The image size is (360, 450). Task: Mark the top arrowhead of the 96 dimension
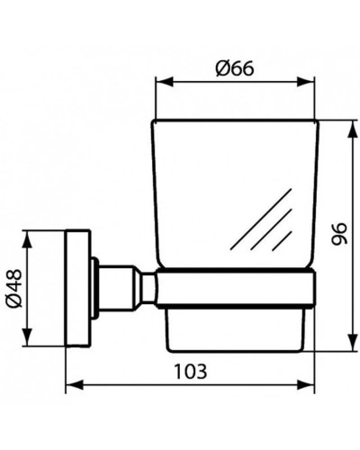(x=348, y=124)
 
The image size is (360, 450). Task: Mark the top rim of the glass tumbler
(x=237, y=121)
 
